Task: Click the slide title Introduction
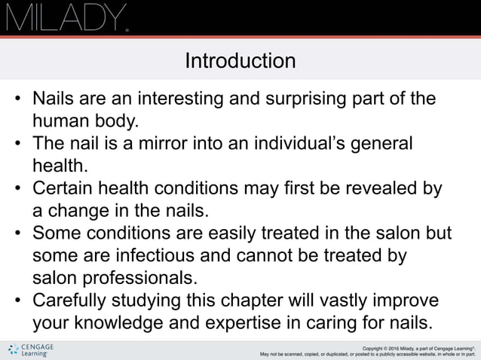point(240,60)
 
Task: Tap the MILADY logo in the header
point(66,17)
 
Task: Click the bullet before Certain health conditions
point(17,188)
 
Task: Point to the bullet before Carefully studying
point(17,301)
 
